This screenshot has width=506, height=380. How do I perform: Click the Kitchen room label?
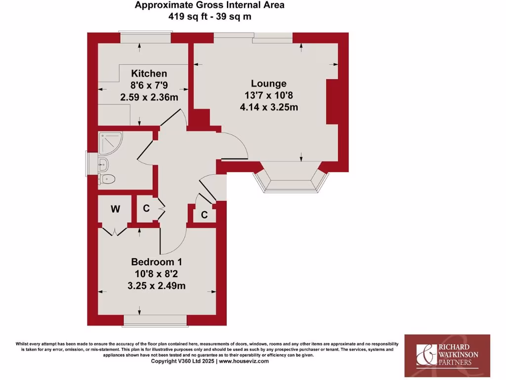coord(142,74)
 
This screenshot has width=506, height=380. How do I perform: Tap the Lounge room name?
coord(268,84)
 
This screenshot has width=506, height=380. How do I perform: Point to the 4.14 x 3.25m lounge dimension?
coord(268,107)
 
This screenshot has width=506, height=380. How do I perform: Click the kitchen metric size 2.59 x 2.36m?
coord(149,97)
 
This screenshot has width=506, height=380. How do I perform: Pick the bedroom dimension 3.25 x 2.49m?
coord(157,285)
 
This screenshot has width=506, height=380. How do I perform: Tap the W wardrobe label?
coord(115,209)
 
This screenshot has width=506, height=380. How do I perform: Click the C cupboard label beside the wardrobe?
coord(146,208)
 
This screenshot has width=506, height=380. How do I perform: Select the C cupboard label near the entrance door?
coord(204,215)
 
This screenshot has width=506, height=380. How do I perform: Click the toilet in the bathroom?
coord(107,179)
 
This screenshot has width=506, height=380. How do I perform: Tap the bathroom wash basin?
coord(104,165)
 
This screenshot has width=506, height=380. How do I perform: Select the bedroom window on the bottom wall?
coord(155,322)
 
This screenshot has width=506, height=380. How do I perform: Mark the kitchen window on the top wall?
coord(146,38)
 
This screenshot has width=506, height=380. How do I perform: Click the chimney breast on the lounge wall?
coord(332,101)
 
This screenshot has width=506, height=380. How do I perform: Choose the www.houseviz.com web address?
coord(244,361)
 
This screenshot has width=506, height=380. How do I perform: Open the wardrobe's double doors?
coord(115,231)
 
